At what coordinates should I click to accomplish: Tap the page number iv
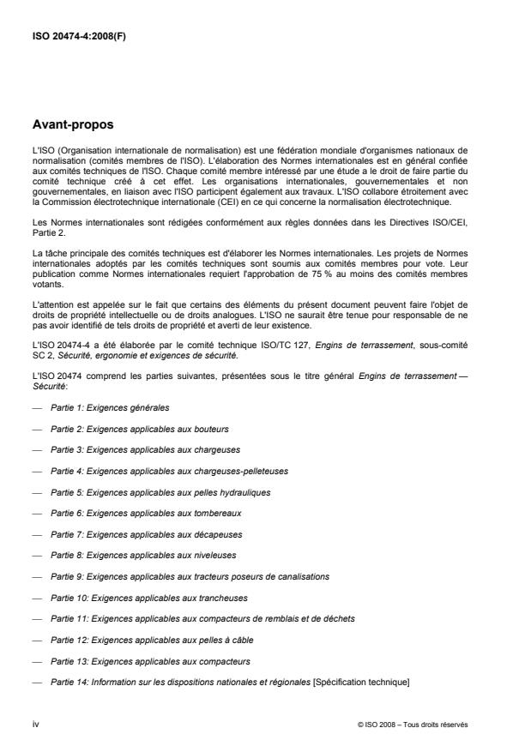click(35, 724)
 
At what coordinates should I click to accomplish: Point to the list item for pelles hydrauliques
click(148, 491)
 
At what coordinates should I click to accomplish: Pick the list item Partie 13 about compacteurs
click(138, 661)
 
